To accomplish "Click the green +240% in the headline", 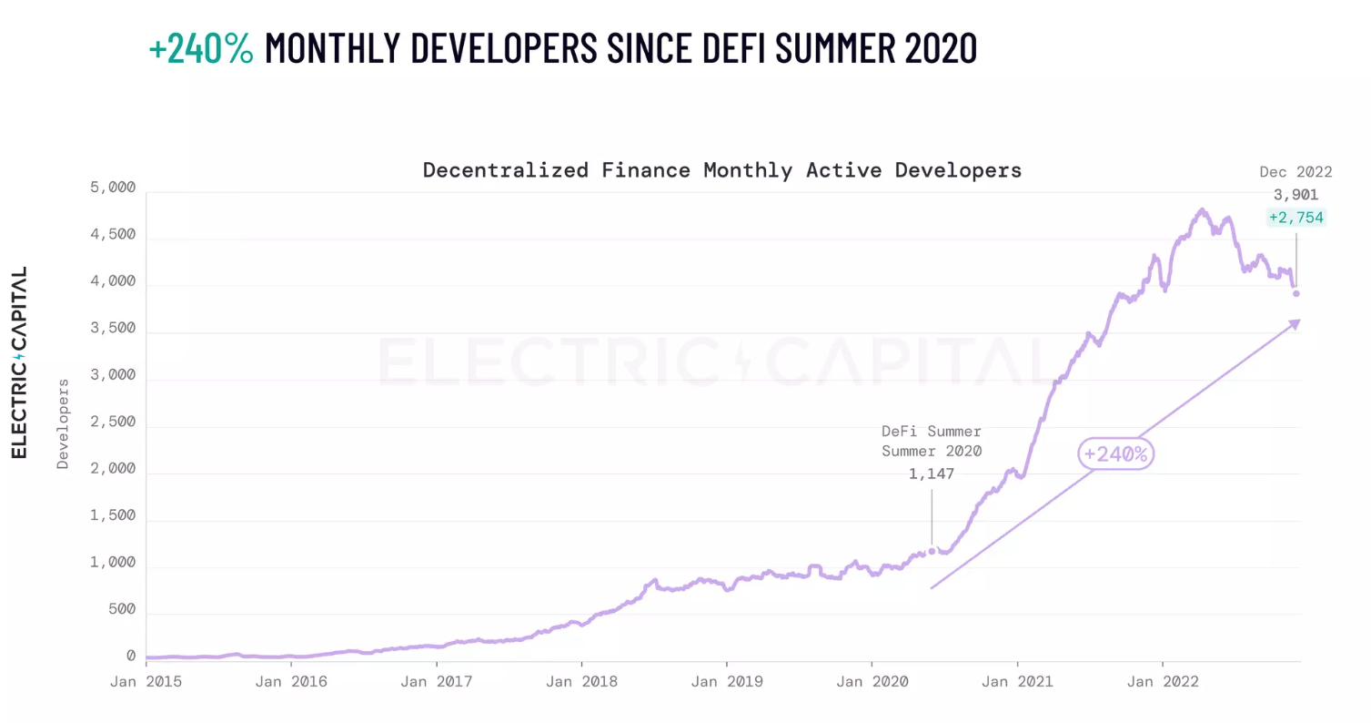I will click(201, 48).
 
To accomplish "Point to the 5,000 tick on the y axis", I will click(115, 188).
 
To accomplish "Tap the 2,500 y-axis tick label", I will click(115, 423).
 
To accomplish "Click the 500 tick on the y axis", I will click(121, 610).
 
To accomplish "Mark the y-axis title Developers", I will click(63, 423).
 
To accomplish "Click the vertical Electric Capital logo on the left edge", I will click(19, 362).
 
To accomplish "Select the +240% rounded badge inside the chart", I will click(1116, 453).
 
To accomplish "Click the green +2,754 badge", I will click(1296, 218).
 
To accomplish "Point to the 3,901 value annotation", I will click(1296, 195).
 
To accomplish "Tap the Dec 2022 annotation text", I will click(1295, 172).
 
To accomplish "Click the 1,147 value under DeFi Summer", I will click(932, 474).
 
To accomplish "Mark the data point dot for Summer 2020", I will click(932, 551).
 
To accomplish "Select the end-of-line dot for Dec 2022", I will click(1296, 293).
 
